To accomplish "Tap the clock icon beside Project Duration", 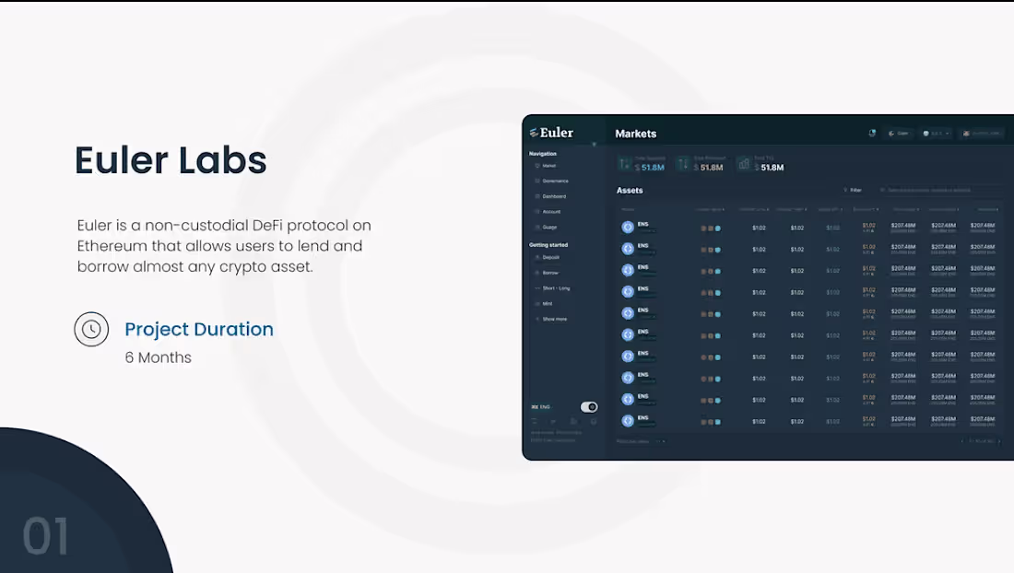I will (91, 329).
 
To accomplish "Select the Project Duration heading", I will (199, 329).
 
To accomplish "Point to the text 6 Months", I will (159, 357).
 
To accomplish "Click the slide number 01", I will (46, 537).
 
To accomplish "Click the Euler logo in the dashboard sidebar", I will (551, 133).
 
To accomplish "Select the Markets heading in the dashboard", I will (636, 134).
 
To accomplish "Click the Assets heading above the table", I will (630, 191).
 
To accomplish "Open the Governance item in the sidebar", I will (555, 181).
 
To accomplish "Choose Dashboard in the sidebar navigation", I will (554, 196).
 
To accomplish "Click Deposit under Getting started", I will (550, 257).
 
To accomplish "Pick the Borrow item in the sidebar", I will (550, 273).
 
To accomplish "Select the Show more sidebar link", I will (554, 319).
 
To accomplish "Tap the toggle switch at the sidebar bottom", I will (589, 407).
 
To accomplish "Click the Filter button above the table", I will (855, 191).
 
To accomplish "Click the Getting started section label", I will (548, 245).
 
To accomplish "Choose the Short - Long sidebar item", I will (556, 288).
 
